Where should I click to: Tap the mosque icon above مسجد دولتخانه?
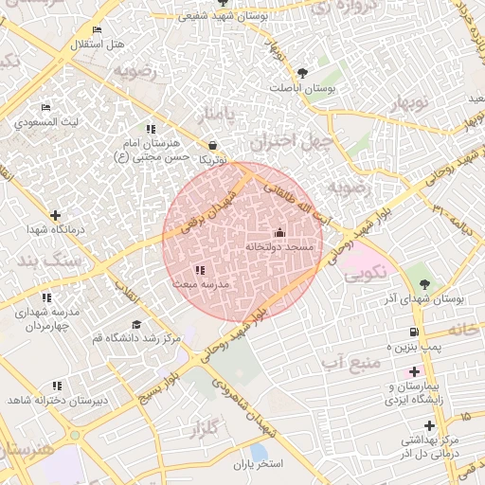(x=278, y=233)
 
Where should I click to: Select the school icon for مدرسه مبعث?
(x=198, y=271)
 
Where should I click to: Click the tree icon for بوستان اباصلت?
(x=302, y=73)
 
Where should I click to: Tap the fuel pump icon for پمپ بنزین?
(x=414, y=332)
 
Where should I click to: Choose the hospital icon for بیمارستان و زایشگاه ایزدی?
(x=414, y=372)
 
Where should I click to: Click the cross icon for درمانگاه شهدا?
(x=56, y=216)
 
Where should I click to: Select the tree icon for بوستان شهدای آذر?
(x=423, y=283)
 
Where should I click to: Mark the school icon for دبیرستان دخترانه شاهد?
(x=57, y=386)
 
